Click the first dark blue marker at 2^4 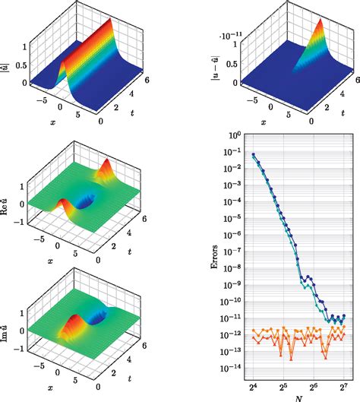(254, 155)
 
